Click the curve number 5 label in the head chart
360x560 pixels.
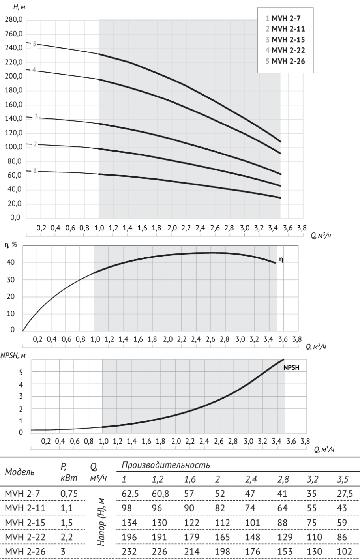click(34, 44)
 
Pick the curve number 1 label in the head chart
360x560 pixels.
click(35, 171)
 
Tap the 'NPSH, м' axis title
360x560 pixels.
click(13, 355)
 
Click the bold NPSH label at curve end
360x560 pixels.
click(291, 367)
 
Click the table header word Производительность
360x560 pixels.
click(165, 465)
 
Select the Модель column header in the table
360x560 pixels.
click(19, 472)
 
